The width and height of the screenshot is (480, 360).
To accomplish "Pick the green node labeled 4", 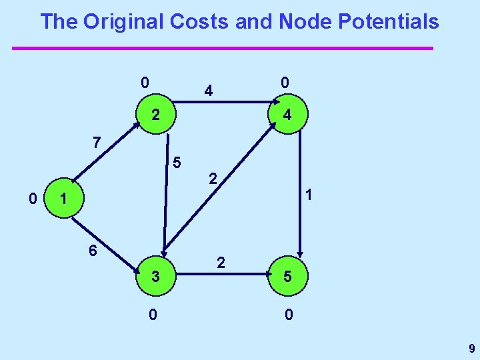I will coord(287,115).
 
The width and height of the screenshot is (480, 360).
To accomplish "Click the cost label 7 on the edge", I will coord(97,142).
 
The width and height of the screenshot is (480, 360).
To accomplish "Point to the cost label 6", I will coord(93,251).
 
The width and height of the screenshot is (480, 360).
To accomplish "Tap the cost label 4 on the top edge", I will coord(209,89).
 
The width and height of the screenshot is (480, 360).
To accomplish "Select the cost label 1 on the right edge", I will coord(309,196).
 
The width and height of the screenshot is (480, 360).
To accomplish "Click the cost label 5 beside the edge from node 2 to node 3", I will coord(176,161).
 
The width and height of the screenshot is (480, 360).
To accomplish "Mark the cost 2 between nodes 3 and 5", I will coord(221,263).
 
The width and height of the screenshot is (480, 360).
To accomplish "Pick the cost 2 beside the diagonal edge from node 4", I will coord(212,178).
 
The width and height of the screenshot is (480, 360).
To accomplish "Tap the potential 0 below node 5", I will coord(288,313).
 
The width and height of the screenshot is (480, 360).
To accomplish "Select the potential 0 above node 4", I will coord(285,83).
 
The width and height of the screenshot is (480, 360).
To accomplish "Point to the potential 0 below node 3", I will coord(153,313).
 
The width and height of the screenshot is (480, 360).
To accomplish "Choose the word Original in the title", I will coord(124,21).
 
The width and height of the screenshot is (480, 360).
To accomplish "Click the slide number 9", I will coord(471,348).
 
